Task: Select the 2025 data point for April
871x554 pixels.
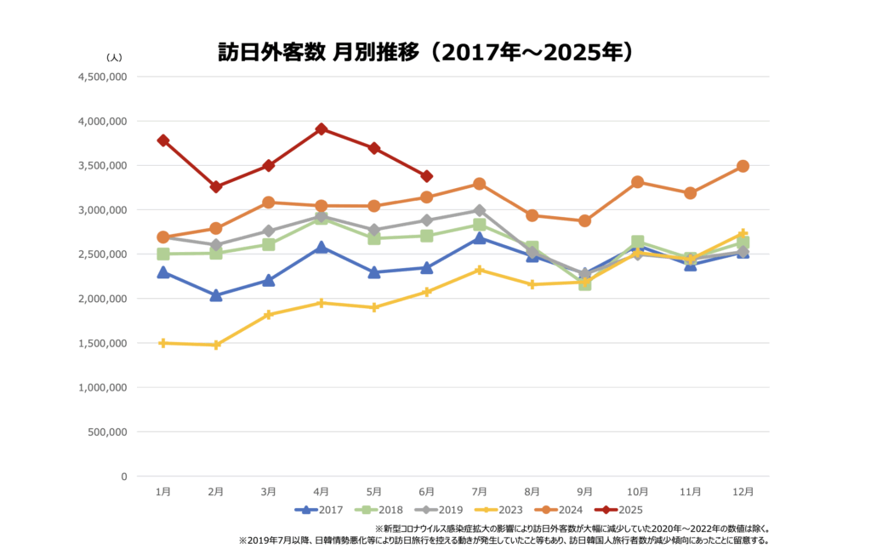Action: pos(322,129)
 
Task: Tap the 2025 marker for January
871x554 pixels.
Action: pos(162,140)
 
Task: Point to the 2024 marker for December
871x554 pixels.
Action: pos(743,166)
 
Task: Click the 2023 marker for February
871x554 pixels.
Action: pos(216,345)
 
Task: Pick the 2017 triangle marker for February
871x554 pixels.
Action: pos(216,295)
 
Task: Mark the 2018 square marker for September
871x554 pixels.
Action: pos(584,283)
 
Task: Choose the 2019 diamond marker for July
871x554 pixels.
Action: pos(480,210)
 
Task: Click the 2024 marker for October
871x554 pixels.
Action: pos(637,182)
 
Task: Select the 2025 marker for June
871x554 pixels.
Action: pos(427,176)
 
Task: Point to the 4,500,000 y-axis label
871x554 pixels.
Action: pos(102,77)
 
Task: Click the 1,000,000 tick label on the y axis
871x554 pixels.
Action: pos(102,387)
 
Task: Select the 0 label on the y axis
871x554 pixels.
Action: pos(123,476)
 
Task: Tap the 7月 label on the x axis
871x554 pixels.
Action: pos(480,491)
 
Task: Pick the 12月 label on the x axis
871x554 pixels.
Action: pos(743,491)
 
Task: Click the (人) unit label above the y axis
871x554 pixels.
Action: pos(114,57)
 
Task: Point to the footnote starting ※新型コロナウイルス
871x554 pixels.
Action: pos(572,528)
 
